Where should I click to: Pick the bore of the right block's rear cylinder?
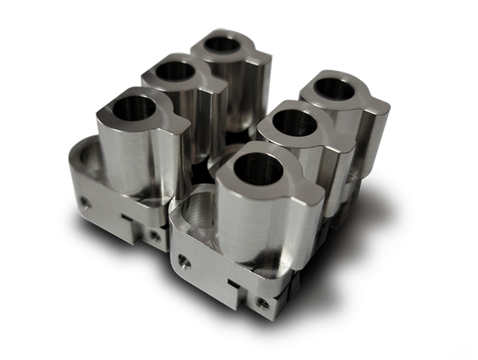tap(330, 88)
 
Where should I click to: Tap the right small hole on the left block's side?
tap(152, 234)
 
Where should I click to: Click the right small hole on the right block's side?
tap(260, 301)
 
